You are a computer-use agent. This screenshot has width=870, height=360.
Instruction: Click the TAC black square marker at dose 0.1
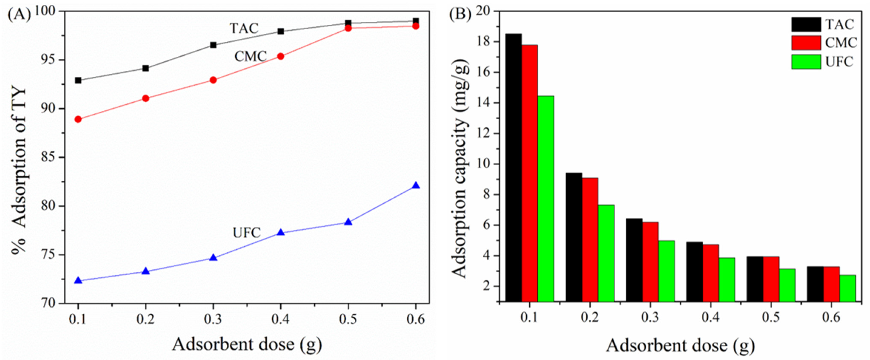pyautogui.click(x=78, y=80)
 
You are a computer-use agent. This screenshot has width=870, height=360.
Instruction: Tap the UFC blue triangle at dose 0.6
pyautogui.click(x=416, y=185)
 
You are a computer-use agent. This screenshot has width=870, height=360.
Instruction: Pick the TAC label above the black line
pyautogui.click(x=244, y=28)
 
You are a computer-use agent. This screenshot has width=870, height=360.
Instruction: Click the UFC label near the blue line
pyautogui.click(x=247, y=233)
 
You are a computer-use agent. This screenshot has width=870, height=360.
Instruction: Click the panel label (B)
pyautogui.click(x=460, y=15)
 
